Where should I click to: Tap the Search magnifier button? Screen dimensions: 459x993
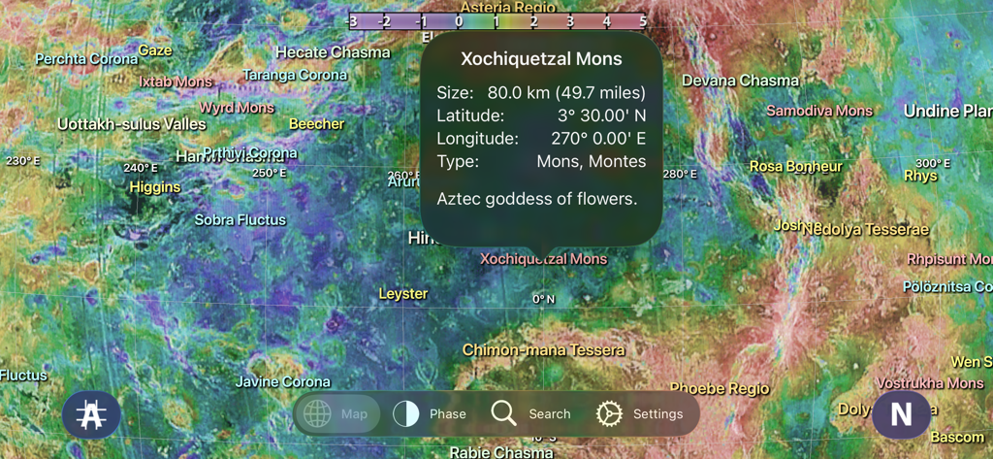[530, 413]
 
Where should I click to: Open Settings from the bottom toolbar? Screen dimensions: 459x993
[639, 413]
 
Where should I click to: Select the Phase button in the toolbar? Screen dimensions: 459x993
[430, 413]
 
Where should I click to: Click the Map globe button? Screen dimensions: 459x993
[336, 413]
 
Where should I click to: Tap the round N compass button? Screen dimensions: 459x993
[901, 414]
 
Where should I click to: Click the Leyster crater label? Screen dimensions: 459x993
[402, 293]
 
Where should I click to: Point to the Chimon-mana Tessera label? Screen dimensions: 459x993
[543, 349]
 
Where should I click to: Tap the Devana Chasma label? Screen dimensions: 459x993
[740, 81]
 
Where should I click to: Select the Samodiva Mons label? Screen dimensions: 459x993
[819, 111]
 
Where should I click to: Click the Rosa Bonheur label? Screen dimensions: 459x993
[795, 166]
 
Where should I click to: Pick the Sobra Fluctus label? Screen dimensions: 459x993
[240, 220]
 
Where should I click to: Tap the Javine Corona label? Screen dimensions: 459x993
[282, 381]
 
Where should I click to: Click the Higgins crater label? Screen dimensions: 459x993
[155, 186]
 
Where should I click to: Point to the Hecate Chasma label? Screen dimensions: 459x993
[333, 52]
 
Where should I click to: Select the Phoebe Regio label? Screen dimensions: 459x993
[719, 388]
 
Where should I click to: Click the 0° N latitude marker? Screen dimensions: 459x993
[544, 299]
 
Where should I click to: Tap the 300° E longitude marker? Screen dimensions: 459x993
[933, 163]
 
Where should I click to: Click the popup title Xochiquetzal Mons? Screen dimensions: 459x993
[541, 59]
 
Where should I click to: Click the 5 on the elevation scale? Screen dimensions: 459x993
[643, 20]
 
